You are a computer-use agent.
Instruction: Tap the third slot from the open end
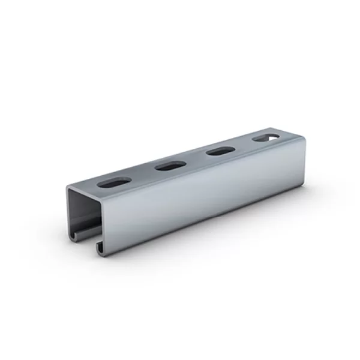(x=220, y=151)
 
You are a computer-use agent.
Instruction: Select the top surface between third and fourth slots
(x=243, y=145)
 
